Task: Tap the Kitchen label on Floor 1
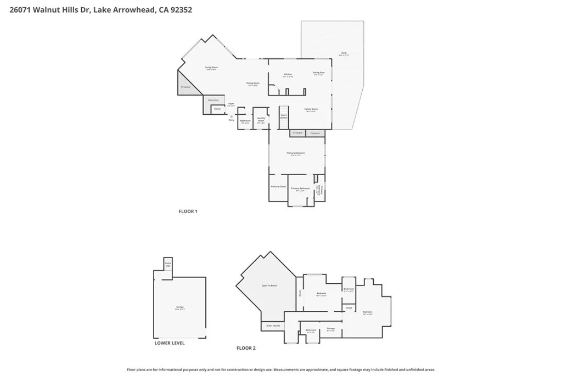[287, 75]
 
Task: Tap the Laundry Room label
[261, 120]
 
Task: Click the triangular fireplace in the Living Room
[184, 86]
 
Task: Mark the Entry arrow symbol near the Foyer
[232, 116]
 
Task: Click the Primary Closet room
[278, 187]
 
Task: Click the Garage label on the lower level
[179, 307]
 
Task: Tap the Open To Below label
[269, 286]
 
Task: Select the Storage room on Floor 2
[330, 329]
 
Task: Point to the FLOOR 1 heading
[188, 211]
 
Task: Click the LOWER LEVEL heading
[169, 343]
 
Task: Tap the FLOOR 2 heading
[246, 348]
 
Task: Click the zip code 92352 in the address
[181, 10]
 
